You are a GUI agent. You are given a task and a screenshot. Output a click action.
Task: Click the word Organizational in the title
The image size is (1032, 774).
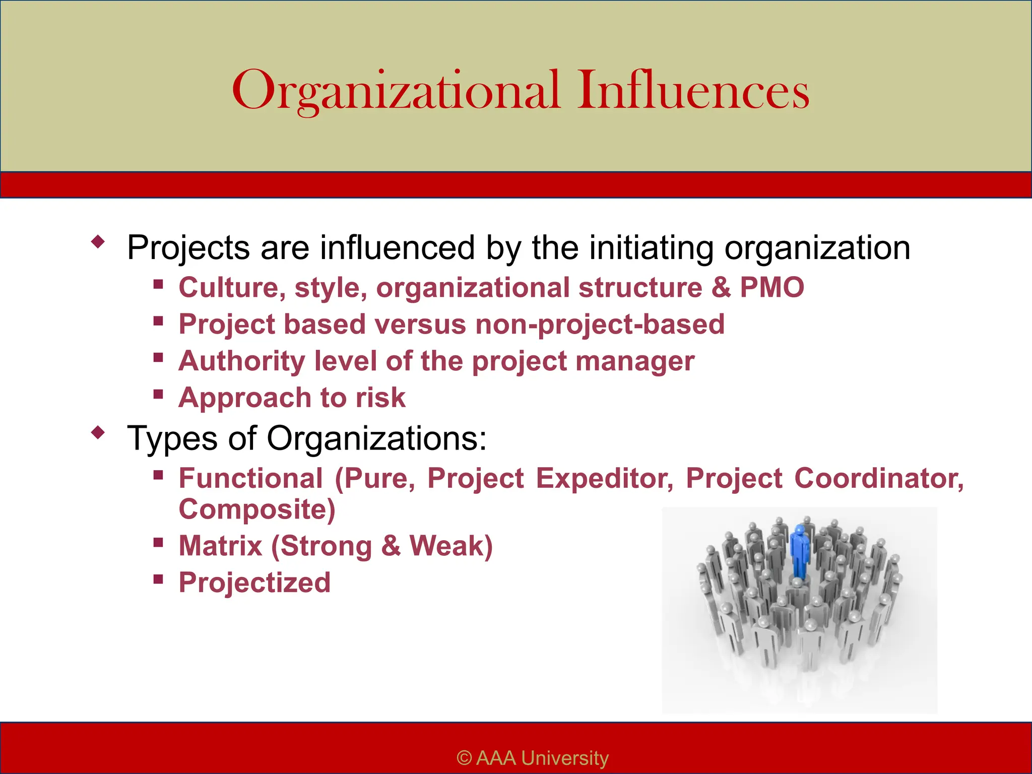click(x=396, y=91)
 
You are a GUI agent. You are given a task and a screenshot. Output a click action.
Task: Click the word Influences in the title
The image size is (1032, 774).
click(x=693, y=91)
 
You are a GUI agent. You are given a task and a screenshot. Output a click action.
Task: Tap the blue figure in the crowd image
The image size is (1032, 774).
click(x=800, y=552)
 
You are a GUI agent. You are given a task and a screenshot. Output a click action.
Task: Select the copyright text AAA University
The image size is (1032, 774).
click(x=533, y=758)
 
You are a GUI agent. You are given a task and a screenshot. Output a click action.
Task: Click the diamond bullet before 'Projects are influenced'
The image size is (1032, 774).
click(x=98, y=242)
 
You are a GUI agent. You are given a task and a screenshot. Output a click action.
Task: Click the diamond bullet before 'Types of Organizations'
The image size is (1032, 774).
click(x=98, y=432)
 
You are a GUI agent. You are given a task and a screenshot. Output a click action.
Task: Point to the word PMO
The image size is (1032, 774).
click(x=771, y=288)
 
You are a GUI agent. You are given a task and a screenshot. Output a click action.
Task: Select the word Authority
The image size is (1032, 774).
click(x=242, y=361)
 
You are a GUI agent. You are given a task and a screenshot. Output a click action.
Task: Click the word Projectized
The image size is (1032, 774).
click(x=254, y=583)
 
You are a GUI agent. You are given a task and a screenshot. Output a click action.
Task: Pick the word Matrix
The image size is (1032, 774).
click(x=220, y=546)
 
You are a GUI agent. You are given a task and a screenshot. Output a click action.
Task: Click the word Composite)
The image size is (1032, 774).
click(x=257, y=509)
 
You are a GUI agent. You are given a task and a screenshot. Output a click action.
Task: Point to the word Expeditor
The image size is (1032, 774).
click(x=604, y=478)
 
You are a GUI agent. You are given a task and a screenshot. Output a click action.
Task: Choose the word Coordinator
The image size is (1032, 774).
click(x=879, y=478)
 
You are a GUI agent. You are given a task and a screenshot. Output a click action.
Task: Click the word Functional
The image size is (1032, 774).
click(x=250, y=478)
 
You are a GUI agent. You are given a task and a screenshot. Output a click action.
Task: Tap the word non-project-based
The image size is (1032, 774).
click(x=600, y=325)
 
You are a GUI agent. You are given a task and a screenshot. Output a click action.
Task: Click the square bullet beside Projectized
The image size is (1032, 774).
click(x=158, y=579)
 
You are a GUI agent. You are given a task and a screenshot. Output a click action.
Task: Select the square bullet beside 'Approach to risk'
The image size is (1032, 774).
click(x=158, y=394)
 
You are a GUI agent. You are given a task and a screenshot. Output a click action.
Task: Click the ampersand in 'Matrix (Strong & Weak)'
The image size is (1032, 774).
click(x=391, y=546)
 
